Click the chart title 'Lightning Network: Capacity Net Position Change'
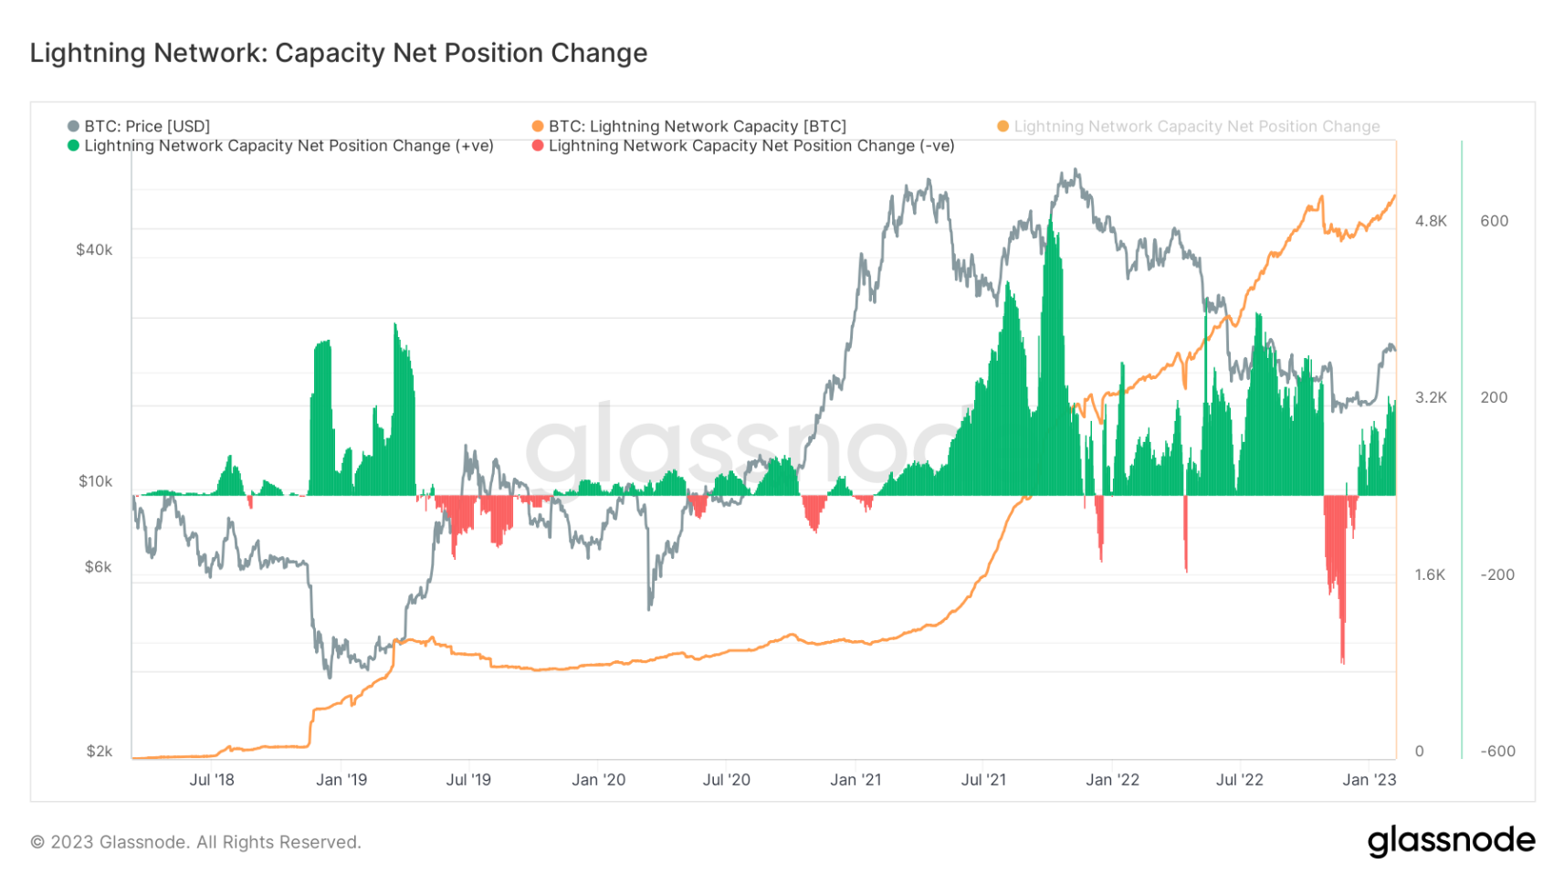click(339, 53)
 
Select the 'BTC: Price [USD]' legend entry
click(139, 126)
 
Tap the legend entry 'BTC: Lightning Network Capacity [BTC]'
click(689, 126)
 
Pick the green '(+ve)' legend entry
click(280, 146)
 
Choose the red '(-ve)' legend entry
click(743, 146)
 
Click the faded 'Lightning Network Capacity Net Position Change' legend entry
click(1189, 126)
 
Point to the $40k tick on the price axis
click(94, 250)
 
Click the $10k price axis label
click(95, 481)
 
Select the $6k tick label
click(99, 566)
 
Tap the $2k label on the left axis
click(100, 751)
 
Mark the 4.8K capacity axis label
click(1431, 222)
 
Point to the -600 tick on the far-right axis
click(1497, 752)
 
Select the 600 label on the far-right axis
click(1495, 222)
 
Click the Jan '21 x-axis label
click(855, 780)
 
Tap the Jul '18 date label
click(212, 780)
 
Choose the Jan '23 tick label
click(1370, 780)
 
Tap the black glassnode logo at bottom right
click(1451, 841)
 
